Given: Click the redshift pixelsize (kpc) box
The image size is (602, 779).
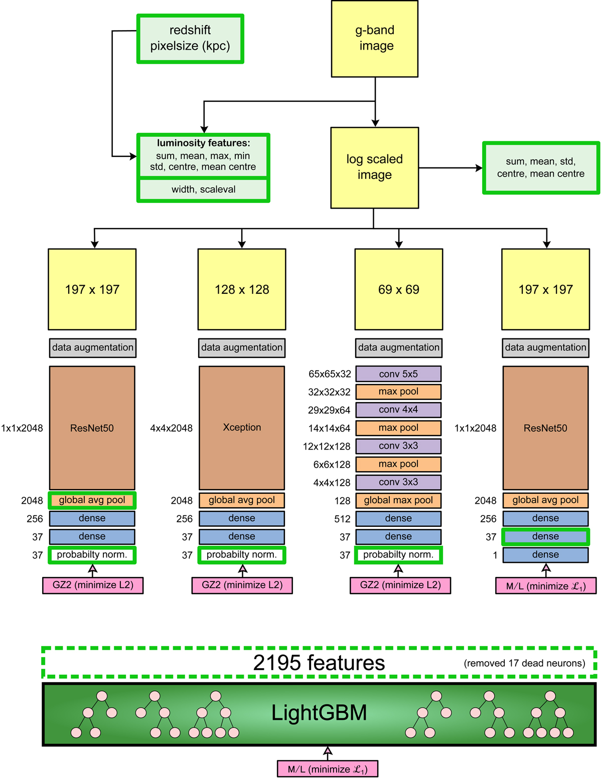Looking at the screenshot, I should [190, 39].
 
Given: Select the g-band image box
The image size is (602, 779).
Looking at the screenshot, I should [375, 39].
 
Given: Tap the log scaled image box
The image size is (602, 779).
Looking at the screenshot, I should [375, 167].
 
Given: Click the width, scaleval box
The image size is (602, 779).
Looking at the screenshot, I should [203, 189].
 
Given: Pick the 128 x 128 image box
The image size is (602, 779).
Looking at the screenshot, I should [242, 289].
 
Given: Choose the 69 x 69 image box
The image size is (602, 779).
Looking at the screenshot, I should [399, 289].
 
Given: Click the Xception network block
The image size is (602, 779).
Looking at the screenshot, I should [242, 428].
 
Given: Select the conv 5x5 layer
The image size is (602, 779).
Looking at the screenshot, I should [399, 374].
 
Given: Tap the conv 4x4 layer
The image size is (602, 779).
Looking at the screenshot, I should [399, 410].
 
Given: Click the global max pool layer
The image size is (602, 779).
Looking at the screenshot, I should [399, 500].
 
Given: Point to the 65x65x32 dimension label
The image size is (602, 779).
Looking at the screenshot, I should [330, 374].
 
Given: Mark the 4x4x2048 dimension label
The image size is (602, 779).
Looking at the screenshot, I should [171, 428].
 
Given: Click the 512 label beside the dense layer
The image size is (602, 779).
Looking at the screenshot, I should [342, 519].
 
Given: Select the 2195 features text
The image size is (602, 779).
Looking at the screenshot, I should [319, 663].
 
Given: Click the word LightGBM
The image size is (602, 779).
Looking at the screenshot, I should [319, 713].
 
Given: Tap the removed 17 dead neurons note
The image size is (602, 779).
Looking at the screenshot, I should [524, 663].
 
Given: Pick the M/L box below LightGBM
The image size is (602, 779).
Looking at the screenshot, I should [328, 769].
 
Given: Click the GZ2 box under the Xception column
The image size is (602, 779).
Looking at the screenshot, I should [242, 586].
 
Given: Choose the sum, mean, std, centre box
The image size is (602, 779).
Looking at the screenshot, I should [541, 167].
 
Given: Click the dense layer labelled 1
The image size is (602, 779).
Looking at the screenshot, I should [545, 555].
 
